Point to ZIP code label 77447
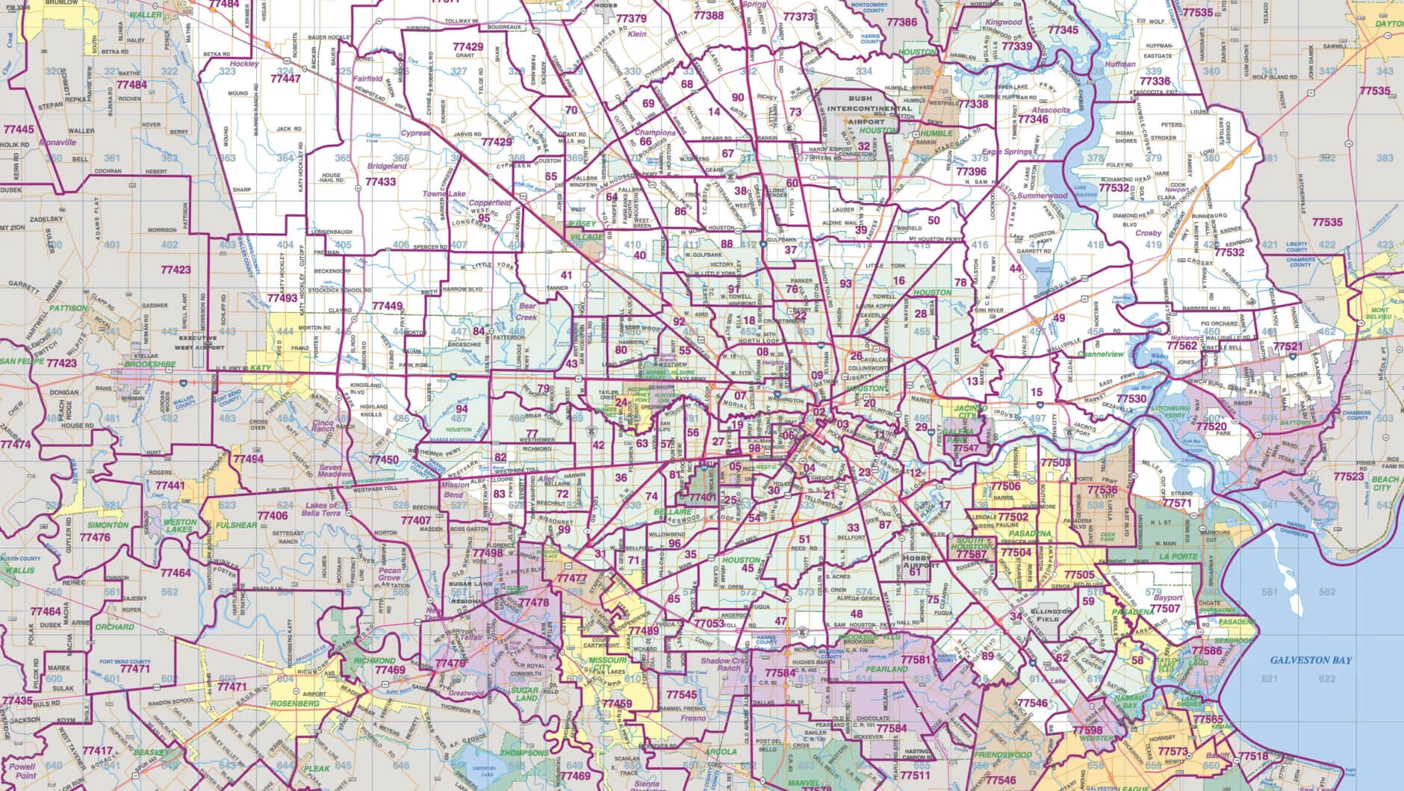(x=285, y=78)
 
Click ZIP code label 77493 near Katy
(x=282, y=297)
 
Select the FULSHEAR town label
(x=237, y=525)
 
